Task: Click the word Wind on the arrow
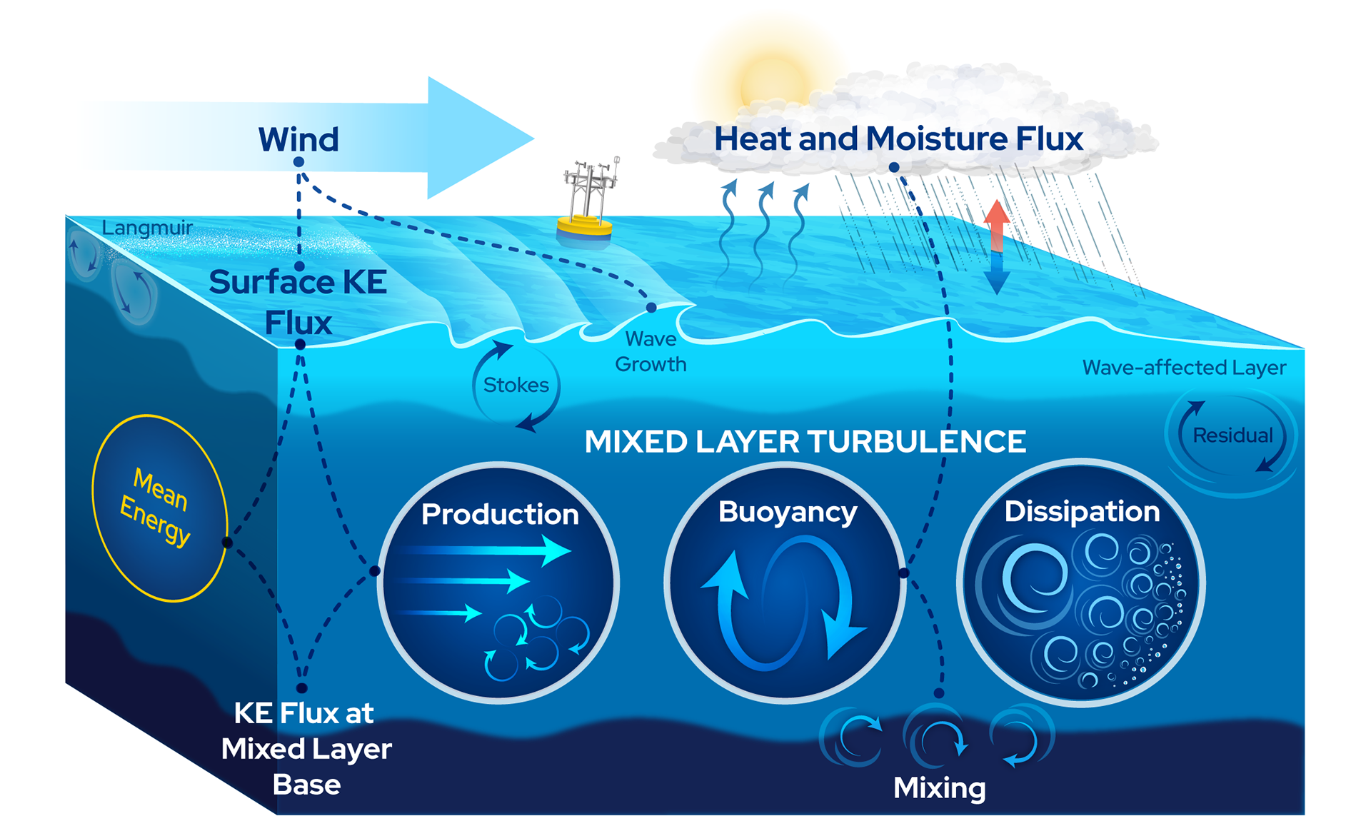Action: (298, 139)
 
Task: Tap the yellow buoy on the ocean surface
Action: (585, 227)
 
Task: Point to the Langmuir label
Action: (147, 228)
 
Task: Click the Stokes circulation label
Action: (516, 386)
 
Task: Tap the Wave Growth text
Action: (651, 351)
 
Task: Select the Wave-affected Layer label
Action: (1184, 368)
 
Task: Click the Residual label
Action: (1232, 435)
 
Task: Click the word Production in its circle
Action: (500, 515)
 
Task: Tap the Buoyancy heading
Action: (788, 513)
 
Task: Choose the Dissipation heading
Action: (1082, 512)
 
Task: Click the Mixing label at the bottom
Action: (939, 788)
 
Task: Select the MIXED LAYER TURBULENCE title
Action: (805, 442)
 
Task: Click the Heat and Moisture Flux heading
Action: (898, 139)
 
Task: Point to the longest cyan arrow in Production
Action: (486, 550)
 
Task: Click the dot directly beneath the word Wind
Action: (298, 162)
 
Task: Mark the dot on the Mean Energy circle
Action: (227, 543)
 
